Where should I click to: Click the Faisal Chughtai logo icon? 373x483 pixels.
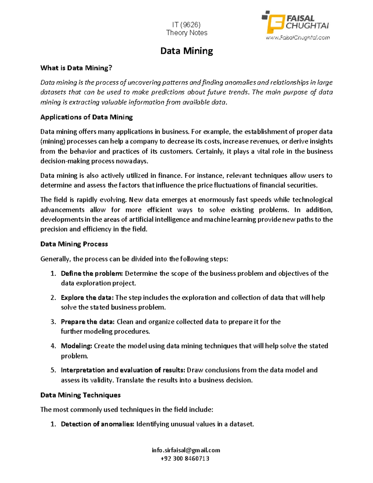[x=274, y=22]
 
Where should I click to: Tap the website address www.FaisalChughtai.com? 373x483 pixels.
[x=297, y=38]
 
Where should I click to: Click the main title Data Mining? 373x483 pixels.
[x=186, y=51]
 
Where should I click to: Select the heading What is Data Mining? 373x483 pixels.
[x=76, y=68]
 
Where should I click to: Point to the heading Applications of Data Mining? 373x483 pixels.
[x=86, y=117]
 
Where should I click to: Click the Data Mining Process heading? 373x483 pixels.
[x=74, y=244]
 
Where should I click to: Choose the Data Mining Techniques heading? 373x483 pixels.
[x=81, y=395]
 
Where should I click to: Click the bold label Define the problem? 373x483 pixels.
[x=92, y=274]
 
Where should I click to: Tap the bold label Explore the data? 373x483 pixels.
[x=87, y=298]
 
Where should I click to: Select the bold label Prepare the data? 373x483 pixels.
[x=88, y=322]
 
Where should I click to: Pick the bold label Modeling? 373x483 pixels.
[x=76, y=346]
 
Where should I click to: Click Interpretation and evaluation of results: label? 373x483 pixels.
[x=123, y=370]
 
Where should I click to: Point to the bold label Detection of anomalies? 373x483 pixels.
[x=98, y=424]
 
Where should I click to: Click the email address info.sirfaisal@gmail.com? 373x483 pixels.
[x=186, y=450]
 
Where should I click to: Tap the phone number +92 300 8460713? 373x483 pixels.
[x=185, y=459]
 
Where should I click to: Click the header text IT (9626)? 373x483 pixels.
[x=186, y=25]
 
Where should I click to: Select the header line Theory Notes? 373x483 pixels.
[x=186, y=33]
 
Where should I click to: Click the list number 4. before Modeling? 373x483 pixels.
[x=53, y=346]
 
